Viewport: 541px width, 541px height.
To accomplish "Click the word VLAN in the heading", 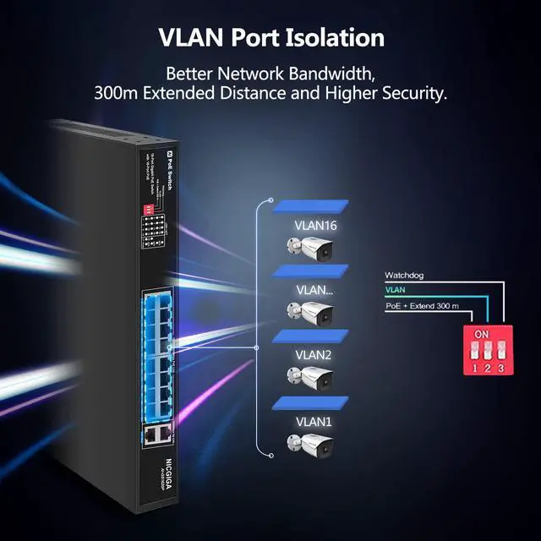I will (192, 38).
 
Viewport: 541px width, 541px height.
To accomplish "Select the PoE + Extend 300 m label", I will (422, 305).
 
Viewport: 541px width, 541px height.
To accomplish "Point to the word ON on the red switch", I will (482, 335).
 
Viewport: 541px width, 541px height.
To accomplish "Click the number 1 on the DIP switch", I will (474, 368).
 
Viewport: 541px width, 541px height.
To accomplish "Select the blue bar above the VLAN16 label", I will (309, 206).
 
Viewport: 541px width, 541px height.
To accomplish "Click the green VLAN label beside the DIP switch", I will (395, 290).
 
